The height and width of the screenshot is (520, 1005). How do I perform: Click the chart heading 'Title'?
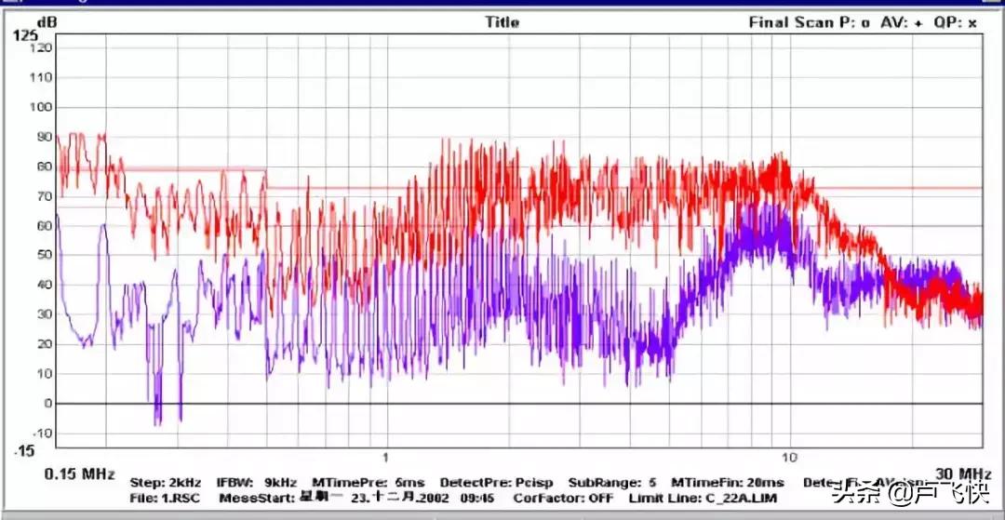coord(502,22)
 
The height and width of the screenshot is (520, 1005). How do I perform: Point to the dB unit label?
coord(45,20)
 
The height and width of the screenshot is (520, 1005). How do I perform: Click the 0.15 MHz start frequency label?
coord(79,473)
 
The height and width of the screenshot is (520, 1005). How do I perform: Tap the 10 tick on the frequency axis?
coord(789,458)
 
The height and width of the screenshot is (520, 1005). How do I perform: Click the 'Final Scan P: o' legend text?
coord(810,23)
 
